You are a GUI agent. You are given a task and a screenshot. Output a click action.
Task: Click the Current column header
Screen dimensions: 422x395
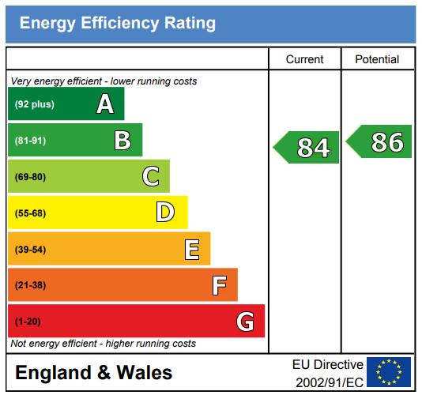click(305, 59)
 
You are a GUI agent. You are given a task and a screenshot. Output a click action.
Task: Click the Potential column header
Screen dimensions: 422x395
click(377, 59)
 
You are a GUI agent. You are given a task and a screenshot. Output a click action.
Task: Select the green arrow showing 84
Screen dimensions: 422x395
click(306, 147)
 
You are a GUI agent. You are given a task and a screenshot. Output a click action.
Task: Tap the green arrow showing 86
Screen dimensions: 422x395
click(379, 141)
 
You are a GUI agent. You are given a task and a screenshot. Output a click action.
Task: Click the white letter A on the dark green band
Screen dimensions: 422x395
click(105, 103)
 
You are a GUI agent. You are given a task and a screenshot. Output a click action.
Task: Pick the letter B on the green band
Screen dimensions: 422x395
click(122, 140)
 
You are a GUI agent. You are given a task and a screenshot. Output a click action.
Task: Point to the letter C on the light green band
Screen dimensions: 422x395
click(151, 176)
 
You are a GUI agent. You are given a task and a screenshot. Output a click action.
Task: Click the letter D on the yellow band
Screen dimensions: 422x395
click(165, 213)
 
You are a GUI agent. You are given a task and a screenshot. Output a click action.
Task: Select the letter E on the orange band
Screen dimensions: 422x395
click(192, 249)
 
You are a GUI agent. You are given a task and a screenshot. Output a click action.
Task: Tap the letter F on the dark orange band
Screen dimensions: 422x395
click(220, 285)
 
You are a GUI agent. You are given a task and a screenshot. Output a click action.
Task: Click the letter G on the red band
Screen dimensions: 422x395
click(245, 322)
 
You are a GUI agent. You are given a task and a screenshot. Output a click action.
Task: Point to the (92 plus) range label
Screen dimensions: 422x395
click(35, 104)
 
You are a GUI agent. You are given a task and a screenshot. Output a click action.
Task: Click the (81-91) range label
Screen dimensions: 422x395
click(30, 141)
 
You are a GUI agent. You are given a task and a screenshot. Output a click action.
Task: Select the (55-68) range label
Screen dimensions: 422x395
click(30, 213)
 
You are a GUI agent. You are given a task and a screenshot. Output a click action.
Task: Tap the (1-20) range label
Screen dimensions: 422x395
click(28, 322)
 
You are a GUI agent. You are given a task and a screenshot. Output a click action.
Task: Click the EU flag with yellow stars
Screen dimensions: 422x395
click(389, 372)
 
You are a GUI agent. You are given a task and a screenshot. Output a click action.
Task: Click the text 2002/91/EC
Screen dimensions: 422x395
click(330, 382)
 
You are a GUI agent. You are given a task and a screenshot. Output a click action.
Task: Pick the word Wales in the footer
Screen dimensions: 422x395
click(145, 373)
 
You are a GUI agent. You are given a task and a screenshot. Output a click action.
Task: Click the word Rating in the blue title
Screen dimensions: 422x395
click(190, 23)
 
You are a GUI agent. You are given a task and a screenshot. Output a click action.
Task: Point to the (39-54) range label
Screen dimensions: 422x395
click(30, 250)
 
